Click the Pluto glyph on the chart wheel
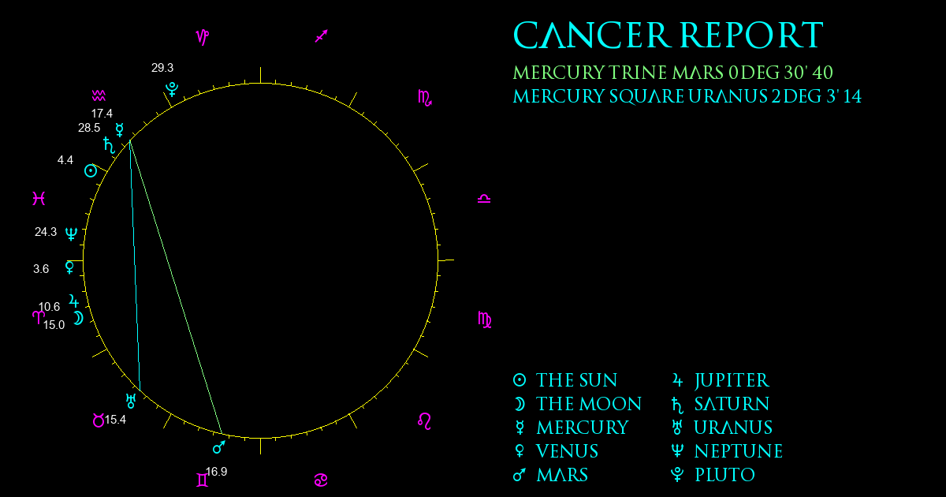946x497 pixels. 172,89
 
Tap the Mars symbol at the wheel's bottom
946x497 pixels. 219,447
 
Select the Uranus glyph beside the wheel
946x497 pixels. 131,401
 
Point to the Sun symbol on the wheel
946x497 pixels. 91,171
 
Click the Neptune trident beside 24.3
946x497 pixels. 72,234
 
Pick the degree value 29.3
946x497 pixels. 162,68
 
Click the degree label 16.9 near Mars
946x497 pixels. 216,472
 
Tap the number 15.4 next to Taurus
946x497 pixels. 115,420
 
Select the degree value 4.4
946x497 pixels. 65,160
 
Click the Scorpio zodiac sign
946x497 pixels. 424,98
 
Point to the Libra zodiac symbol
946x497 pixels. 484,199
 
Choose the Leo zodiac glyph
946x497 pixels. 424,421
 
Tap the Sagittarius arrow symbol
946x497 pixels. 322,36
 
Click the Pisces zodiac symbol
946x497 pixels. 39,198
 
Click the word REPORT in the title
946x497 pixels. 752,35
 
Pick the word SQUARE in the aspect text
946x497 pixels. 646,97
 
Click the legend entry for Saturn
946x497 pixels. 721,405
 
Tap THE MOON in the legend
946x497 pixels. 577,405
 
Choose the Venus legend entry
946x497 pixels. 556,452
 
